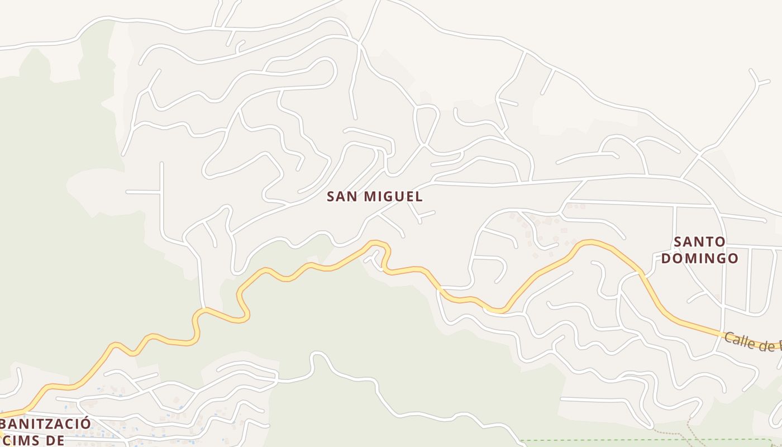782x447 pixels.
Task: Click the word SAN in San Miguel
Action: [x=342, y=197]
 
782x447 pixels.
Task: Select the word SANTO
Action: [x=699, y=242]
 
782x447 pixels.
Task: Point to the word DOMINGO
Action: [x=699, y=258]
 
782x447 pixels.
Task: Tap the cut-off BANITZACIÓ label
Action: [x=45, y=424]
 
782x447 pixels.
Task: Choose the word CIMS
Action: [x=22, y=440]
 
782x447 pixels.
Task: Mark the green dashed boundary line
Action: [x=614, y=440]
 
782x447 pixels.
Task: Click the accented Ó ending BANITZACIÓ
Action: [x=84, y=422]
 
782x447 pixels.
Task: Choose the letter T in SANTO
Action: [x=708, y=242]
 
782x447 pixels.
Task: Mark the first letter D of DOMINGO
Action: [x=666, y=258]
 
